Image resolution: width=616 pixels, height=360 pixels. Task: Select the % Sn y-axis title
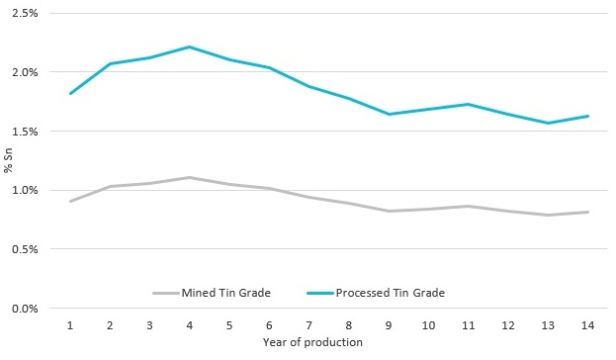coord(8,160)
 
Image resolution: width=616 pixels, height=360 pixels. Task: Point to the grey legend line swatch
coord(164,293)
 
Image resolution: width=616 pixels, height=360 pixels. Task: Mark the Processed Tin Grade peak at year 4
coord(189,46)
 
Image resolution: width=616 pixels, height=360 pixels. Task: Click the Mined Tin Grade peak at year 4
coord(189,177)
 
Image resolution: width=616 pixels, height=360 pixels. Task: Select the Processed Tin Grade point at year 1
coord(70,93)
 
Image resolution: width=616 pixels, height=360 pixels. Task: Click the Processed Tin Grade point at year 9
coord(387,114)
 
